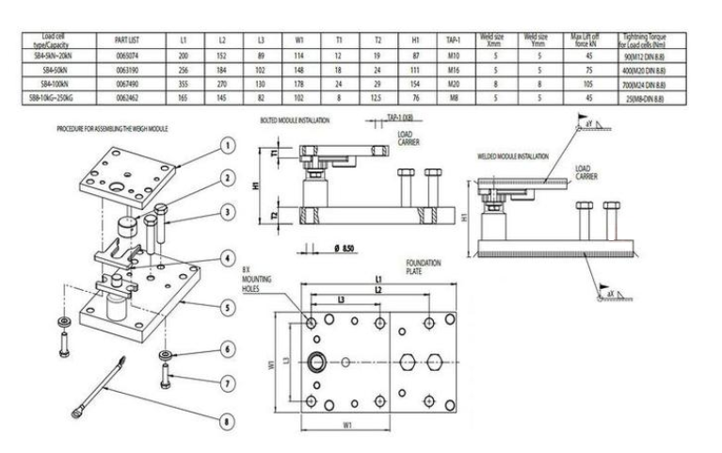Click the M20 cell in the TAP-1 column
click(x=452, y=83)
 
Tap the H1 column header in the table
click(x=415, y=41)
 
